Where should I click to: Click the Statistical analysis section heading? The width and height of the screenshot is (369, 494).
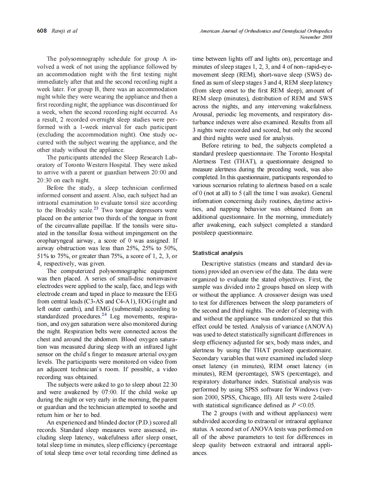coord(218,253)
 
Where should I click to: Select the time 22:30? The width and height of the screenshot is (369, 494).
coord(168,384)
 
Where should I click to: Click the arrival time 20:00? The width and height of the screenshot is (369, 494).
coord(158,173)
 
